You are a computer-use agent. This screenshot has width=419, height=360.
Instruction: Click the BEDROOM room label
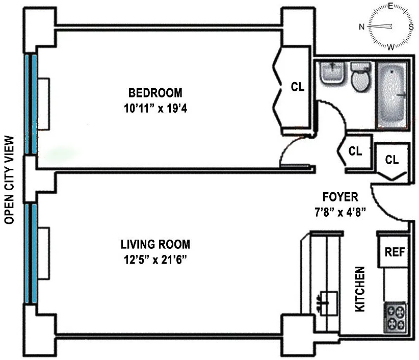pyautogui.click(x=155, y=93)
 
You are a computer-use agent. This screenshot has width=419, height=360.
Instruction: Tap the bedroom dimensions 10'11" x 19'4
pyautogui.click(x=155, y=109)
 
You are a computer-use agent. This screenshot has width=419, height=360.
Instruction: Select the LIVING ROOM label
pyautogui.click(x=155, y=245)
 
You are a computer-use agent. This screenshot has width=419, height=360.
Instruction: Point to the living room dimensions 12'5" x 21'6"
pyautogui.click(x=155, y=260)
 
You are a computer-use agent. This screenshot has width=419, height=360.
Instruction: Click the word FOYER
pyautogui.click(x=340, y=197)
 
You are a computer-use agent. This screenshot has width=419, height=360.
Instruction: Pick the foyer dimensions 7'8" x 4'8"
pyautogui.click(x=340, y=212)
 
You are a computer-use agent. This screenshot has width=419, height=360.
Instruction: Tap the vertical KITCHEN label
pyautogui.click(x=360, y=289)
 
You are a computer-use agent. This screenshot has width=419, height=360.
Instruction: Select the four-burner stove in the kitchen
pyautogui.click(x=395, y=318)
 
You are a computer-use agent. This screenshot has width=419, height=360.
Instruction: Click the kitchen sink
pyautogui.click(x=327, y=303)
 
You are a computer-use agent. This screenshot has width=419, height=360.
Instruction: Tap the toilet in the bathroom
pyautogui.click(x=361, y=77)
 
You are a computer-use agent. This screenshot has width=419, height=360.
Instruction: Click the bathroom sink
pyautogui.click(x=332, y=73)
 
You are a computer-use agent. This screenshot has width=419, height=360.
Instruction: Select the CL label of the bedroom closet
pyautogui.click(x=297, y=87)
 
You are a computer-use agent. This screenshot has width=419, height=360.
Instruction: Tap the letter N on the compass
pyautogui.click(x=362, y=27)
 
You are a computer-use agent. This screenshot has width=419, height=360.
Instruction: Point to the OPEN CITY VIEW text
pyautogui.click(x=9, y=180)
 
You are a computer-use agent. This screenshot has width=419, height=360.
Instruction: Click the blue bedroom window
pyautogui.click(x=31, y=104)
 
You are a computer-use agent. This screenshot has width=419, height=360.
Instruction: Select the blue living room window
pyautogui.click(x=31, y=253)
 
